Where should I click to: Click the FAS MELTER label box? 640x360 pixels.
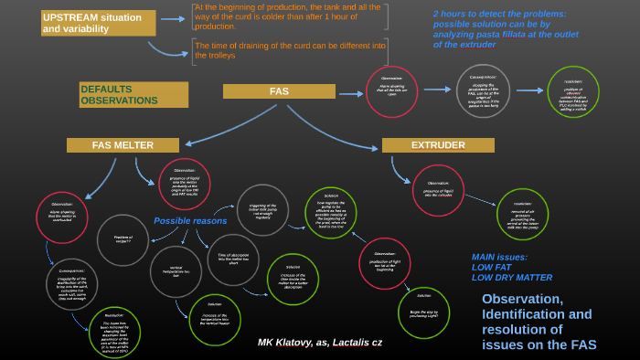123,145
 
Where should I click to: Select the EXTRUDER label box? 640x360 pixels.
438,145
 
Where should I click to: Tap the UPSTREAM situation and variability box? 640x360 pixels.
98,23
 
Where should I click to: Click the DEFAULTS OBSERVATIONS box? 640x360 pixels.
133,94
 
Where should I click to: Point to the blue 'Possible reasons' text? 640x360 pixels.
190,221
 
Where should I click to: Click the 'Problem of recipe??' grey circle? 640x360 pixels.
123,239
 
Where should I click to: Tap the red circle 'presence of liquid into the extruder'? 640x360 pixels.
438,190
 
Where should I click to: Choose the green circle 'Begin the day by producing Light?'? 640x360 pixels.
423,313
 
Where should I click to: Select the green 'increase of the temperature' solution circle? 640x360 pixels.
215,320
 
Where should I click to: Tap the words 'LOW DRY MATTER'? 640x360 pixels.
512,278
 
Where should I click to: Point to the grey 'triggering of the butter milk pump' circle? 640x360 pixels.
262,209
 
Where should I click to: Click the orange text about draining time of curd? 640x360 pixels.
291,50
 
